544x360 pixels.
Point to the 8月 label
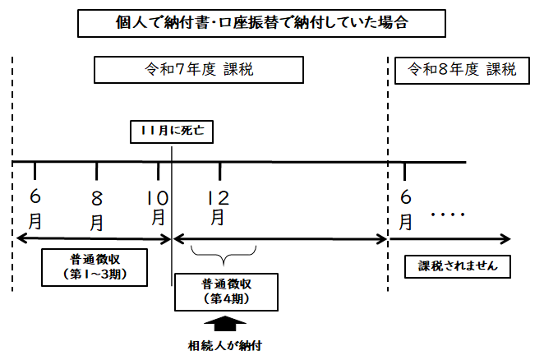click(x=97, y=210)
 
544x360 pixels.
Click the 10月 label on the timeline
click(x=159, y=207)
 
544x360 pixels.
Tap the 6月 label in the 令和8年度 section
click(x=405, y=210)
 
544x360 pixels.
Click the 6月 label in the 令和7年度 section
click(x=35, y=210)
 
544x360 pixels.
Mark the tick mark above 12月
click(x=220, y=170)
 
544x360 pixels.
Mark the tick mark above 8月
click(x=97, y=170)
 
